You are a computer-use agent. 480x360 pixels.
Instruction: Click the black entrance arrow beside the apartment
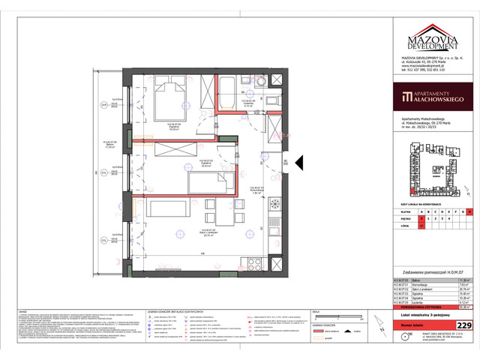click(x=298, y=162)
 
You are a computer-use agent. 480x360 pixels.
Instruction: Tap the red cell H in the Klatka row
click(x=469, y=212)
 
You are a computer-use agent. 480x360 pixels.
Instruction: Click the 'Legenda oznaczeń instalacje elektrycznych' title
click(x=168, y=310)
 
